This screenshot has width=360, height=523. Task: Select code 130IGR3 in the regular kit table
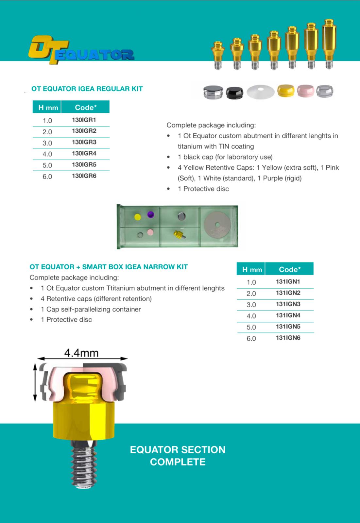pos(84,142)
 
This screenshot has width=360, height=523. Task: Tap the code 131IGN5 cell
pos(288,327)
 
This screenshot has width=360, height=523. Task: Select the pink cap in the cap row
pos(305,91)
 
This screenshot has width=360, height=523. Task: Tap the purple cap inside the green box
pos(150,214)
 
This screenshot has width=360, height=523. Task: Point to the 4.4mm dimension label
pos(81,353)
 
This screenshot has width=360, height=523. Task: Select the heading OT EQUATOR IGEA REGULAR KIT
pos(87,89)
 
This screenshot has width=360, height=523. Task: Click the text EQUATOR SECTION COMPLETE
pos(178,456)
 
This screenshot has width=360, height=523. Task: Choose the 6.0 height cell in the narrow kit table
pos(251,338)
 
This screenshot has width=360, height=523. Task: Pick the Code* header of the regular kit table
pos(86,108)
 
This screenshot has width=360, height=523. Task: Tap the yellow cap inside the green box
pos(138,216)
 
